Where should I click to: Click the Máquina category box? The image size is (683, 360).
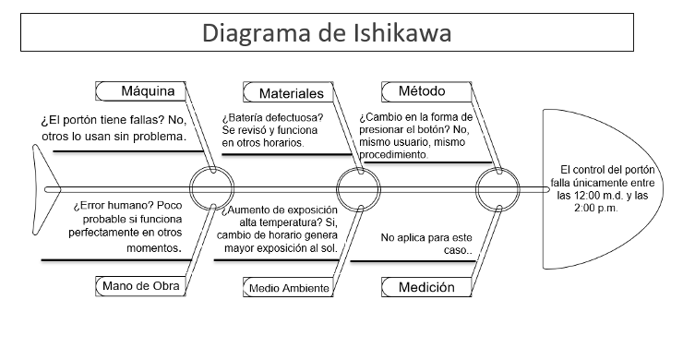[148, 90]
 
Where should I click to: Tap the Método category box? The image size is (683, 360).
[421, 90]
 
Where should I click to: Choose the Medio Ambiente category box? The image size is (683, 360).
[289, 288]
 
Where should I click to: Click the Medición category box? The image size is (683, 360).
[425, 287]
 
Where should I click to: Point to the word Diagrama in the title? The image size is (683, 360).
[258, 34]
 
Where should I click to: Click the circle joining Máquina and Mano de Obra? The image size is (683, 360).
[211, 189]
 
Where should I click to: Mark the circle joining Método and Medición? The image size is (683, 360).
[499, 189]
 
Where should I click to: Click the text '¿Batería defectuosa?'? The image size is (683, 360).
[272, 117]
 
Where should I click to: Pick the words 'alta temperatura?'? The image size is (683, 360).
[268, 222]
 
